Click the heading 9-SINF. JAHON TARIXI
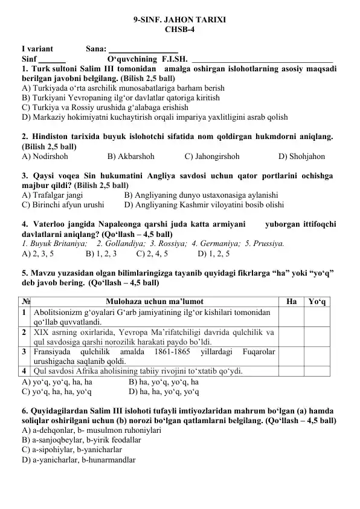coord(180,19)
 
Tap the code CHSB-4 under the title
coord(180,29)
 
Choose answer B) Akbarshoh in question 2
coord(130,157)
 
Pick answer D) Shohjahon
coord(301,157)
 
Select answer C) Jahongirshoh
coord(212,157)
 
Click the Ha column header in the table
coord(291,300)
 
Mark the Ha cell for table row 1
coord(291,317)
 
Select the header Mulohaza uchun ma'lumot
coord(154,300)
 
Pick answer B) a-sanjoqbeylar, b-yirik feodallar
coord(81,441)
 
